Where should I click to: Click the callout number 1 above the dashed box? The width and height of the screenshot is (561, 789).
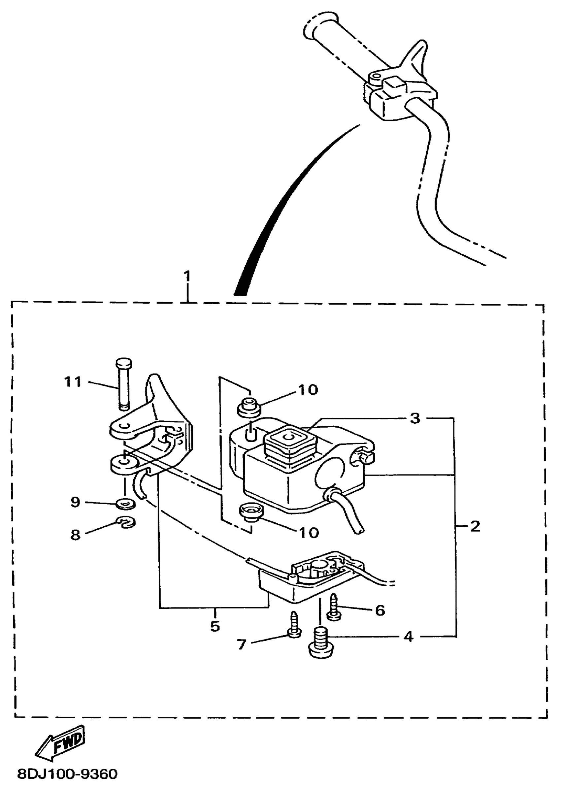(x=187, y=276)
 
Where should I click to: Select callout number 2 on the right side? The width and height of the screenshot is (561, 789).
(x=475, y=527)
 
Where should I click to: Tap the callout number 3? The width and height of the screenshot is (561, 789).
(x=415, y=418)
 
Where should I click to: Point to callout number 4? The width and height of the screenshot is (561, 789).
(x=408, y=636)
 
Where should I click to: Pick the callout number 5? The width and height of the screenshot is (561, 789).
(x=215, y=626)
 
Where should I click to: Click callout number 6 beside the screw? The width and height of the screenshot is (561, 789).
(x=380, y=610)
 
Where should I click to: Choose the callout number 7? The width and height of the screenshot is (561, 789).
(x=241, y=644)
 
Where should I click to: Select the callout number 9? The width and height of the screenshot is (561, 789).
(x=75, y=502)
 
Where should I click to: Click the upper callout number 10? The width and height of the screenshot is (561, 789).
(x=308, y=390)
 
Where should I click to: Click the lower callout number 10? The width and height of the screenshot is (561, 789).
(x=309, y=533)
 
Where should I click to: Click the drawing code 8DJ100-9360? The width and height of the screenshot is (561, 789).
(x=67, y=774)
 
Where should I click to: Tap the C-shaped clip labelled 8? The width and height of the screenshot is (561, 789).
(x=126, y=522)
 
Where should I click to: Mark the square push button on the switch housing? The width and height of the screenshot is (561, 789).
(x=285, y=438)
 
